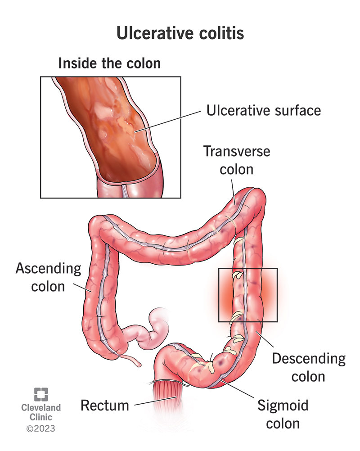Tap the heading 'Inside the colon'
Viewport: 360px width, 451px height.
pyautogui.click(x=109, y=63)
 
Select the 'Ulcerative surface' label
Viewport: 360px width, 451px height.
pyautogui.click(x=264, y=110)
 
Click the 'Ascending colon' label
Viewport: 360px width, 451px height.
pyautogui.click(x=48, y=277)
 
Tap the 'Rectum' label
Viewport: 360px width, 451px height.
pyautogui.click(x=104, y=405)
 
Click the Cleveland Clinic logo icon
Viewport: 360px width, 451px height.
pyautogui.click(x=41, y=395)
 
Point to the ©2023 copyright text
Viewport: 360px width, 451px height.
pyautogui.click(x=41, y=429)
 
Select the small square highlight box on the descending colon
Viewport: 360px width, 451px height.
pyautogui.click(x=247, y=295)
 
